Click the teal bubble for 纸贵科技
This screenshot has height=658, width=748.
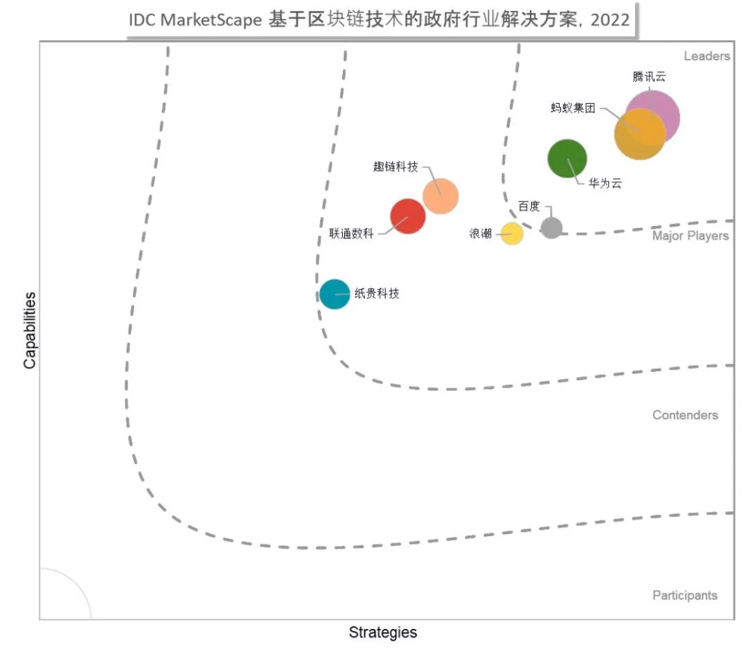tap(335, 294)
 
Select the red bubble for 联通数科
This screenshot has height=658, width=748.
tap(407, 216)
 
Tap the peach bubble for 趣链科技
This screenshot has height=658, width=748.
tap(440, 196)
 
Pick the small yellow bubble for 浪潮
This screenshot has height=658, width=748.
tap(512, 233)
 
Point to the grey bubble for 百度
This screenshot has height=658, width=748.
tap(551, 227)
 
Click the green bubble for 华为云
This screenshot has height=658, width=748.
tap(567, 159)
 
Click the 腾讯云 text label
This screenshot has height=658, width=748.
tap(649, 77)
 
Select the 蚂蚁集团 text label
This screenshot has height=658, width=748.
tap(573, 108)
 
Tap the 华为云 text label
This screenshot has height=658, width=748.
tap(605, 184)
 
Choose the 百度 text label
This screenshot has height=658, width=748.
tap(529, 206)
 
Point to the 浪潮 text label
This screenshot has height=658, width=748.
tap(481, 234)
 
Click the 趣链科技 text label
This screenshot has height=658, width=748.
tap(395, 166)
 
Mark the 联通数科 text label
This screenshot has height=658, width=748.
tap(351, 234)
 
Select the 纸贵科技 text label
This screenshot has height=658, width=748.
tap(377, 294)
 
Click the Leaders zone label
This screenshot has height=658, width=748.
tap(706, 56)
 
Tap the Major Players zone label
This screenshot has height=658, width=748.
tap(690, 236)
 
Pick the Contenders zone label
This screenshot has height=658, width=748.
tap(685, 416)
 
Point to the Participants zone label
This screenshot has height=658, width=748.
tap(685, 596)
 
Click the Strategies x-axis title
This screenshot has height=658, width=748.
tap(382, 632)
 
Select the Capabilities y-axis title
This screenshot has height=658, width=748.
tap(30, 330)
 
